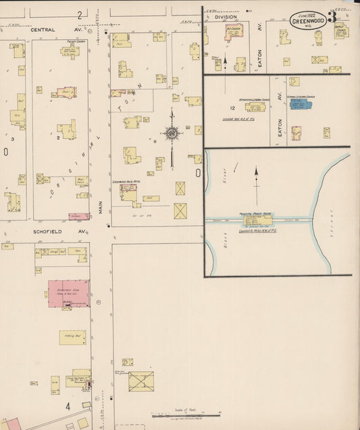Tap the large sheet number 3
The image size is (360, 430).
332,16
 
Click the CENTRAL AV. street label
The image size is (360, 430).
49,30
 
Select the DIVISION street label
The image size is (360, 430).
226,18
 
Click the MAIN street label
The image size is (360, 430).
101,206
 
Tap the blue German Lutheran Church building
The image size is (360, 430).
299,105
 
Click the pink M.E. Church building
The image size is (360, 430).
234,32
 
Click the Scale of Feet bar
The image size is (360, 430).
186,414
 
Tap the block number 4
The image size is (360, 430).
68,406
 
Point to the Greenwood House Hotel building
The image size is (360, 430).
128,191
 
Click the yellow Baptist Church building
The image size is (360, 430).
342,31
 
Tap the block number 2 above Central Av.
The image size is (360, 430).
79,14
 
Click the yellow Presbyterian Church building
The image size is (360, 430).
70,51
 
